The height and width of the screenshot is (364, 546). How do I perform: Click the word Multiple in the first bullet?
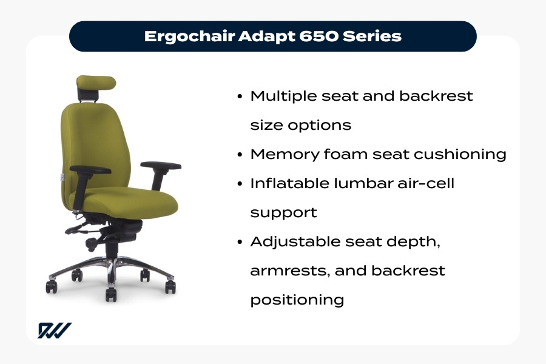283,96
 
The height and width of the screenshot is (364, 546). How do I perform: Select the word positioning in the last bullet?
297,300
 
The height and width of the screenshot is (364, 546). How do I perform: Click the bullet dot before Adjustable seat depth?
241,241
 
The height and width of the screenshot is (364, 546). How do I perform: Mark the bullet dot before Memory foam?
241,154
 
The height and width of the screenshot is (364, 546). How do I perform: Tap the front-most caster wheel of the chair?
111,294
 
